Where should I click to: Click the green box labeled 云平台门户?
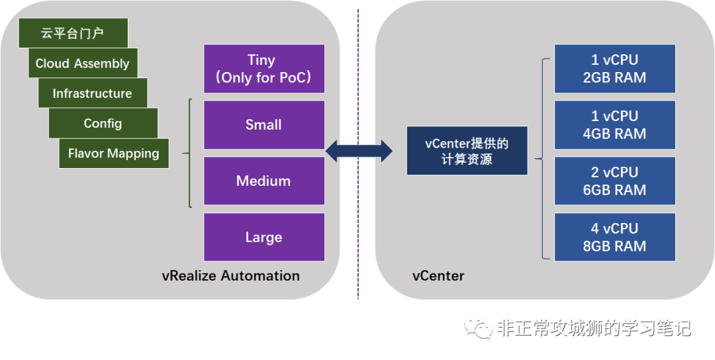(73, 33)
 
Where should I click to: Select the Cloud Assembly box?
(83, 63)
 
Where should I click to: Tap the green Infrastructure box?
(93, 93)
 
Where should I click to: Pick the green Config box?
(103, 123)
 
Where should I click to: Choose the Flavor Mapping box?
(114, 153)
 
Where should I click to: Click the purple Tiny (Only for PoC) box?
(264, 69)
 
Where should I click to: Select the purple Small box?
(264, 125)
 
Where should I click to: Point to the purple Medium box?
(264, 181)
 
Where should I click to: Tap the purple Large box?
(264, 237)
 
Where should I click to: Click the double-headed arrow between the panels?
(359, 151)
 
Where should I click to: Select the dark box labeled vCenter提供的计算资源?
(467, 151)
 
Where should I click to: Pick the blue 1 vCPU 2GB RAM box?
(614, 69)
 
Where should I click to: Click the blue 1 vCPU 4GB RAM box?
(614, 125)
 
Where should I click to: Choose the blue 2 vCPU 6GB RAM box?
(614, 181)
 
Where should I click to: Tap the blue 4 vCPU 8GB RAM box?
(614, 237)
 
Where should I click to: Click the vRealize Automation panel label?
(231, 276)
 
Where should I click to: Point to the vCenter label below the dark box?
(438, 276)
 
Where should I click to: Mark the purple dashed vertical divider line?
(358, 154)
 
